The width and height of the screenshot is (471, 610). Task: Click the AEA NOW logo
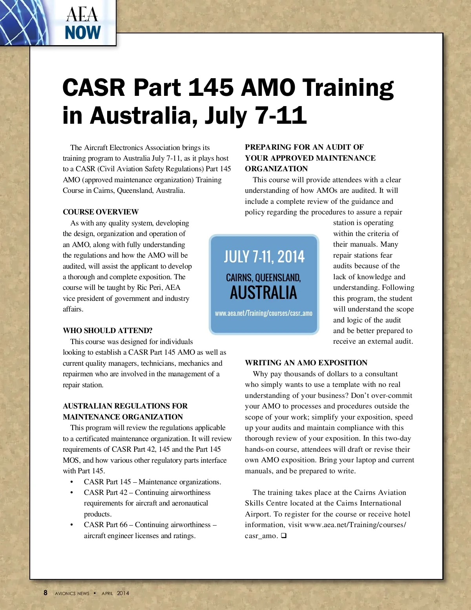83,24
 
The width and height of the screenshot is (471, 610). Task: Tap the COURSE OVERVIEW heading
100,212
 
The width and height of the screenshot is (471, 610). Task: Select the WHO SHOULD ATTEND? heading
108,331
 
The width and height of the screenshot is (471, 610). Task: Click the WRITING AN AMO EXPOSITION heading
306,363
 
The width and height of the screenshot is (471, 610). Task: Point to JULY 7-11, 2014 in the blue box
264,257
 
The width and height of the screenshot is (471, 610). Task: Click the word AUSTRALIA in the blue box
263,293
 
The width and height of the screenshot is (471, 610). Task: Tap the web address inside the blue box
263,313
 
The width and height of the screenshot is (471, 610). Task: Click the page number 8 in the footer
46,593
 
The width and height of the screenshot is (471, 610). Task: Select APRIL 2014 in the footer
115,593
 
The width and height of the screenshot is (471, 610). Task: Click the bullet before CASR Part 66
71,525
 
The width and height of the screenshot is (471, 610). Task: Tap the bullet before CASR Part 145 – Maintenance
71,482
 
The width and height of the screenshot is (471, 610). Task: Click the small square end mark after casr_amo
284,536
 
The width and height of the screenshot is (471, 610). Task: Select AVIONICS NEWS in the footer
72,593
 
